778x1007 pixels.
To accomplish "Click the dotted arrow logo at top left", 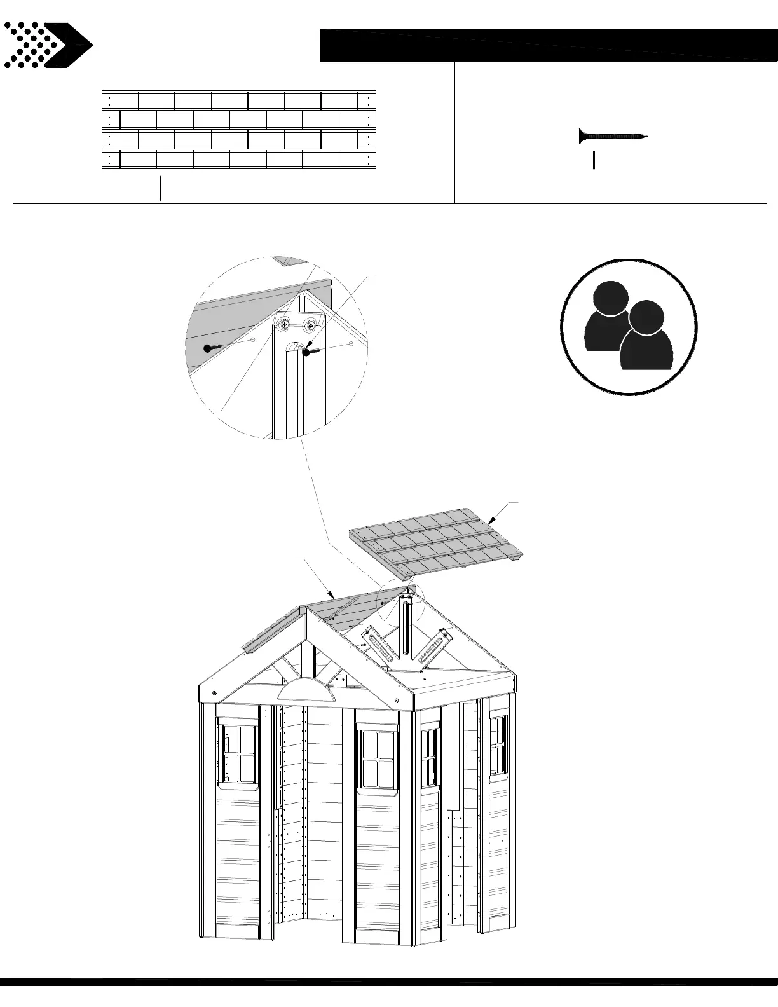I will point(48,45).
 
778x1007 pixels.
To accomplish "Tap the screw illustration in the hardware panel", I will point(613,136).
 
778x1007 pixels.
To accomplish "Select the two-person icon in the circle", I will point(629,326).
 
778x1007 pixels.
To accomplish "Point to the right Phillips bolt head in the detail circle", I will point(310,325).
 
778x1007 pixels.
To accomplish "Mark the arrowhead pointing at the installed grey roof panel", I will point(331,595).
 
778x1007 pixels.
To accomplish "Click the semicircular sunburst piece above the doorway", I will point(309,691).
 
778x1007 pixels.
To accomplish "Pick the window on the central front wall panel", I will point(378,760).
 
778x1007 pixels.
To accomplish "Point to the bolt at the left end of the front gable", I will point(214,692).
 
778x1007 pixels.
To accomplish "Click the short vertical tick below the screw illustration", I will point(594,160).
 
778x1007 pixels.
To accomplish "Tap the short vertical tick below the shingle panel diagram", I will point(160,189).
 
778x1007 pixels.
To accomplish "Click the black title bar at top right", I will point(549,45).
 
